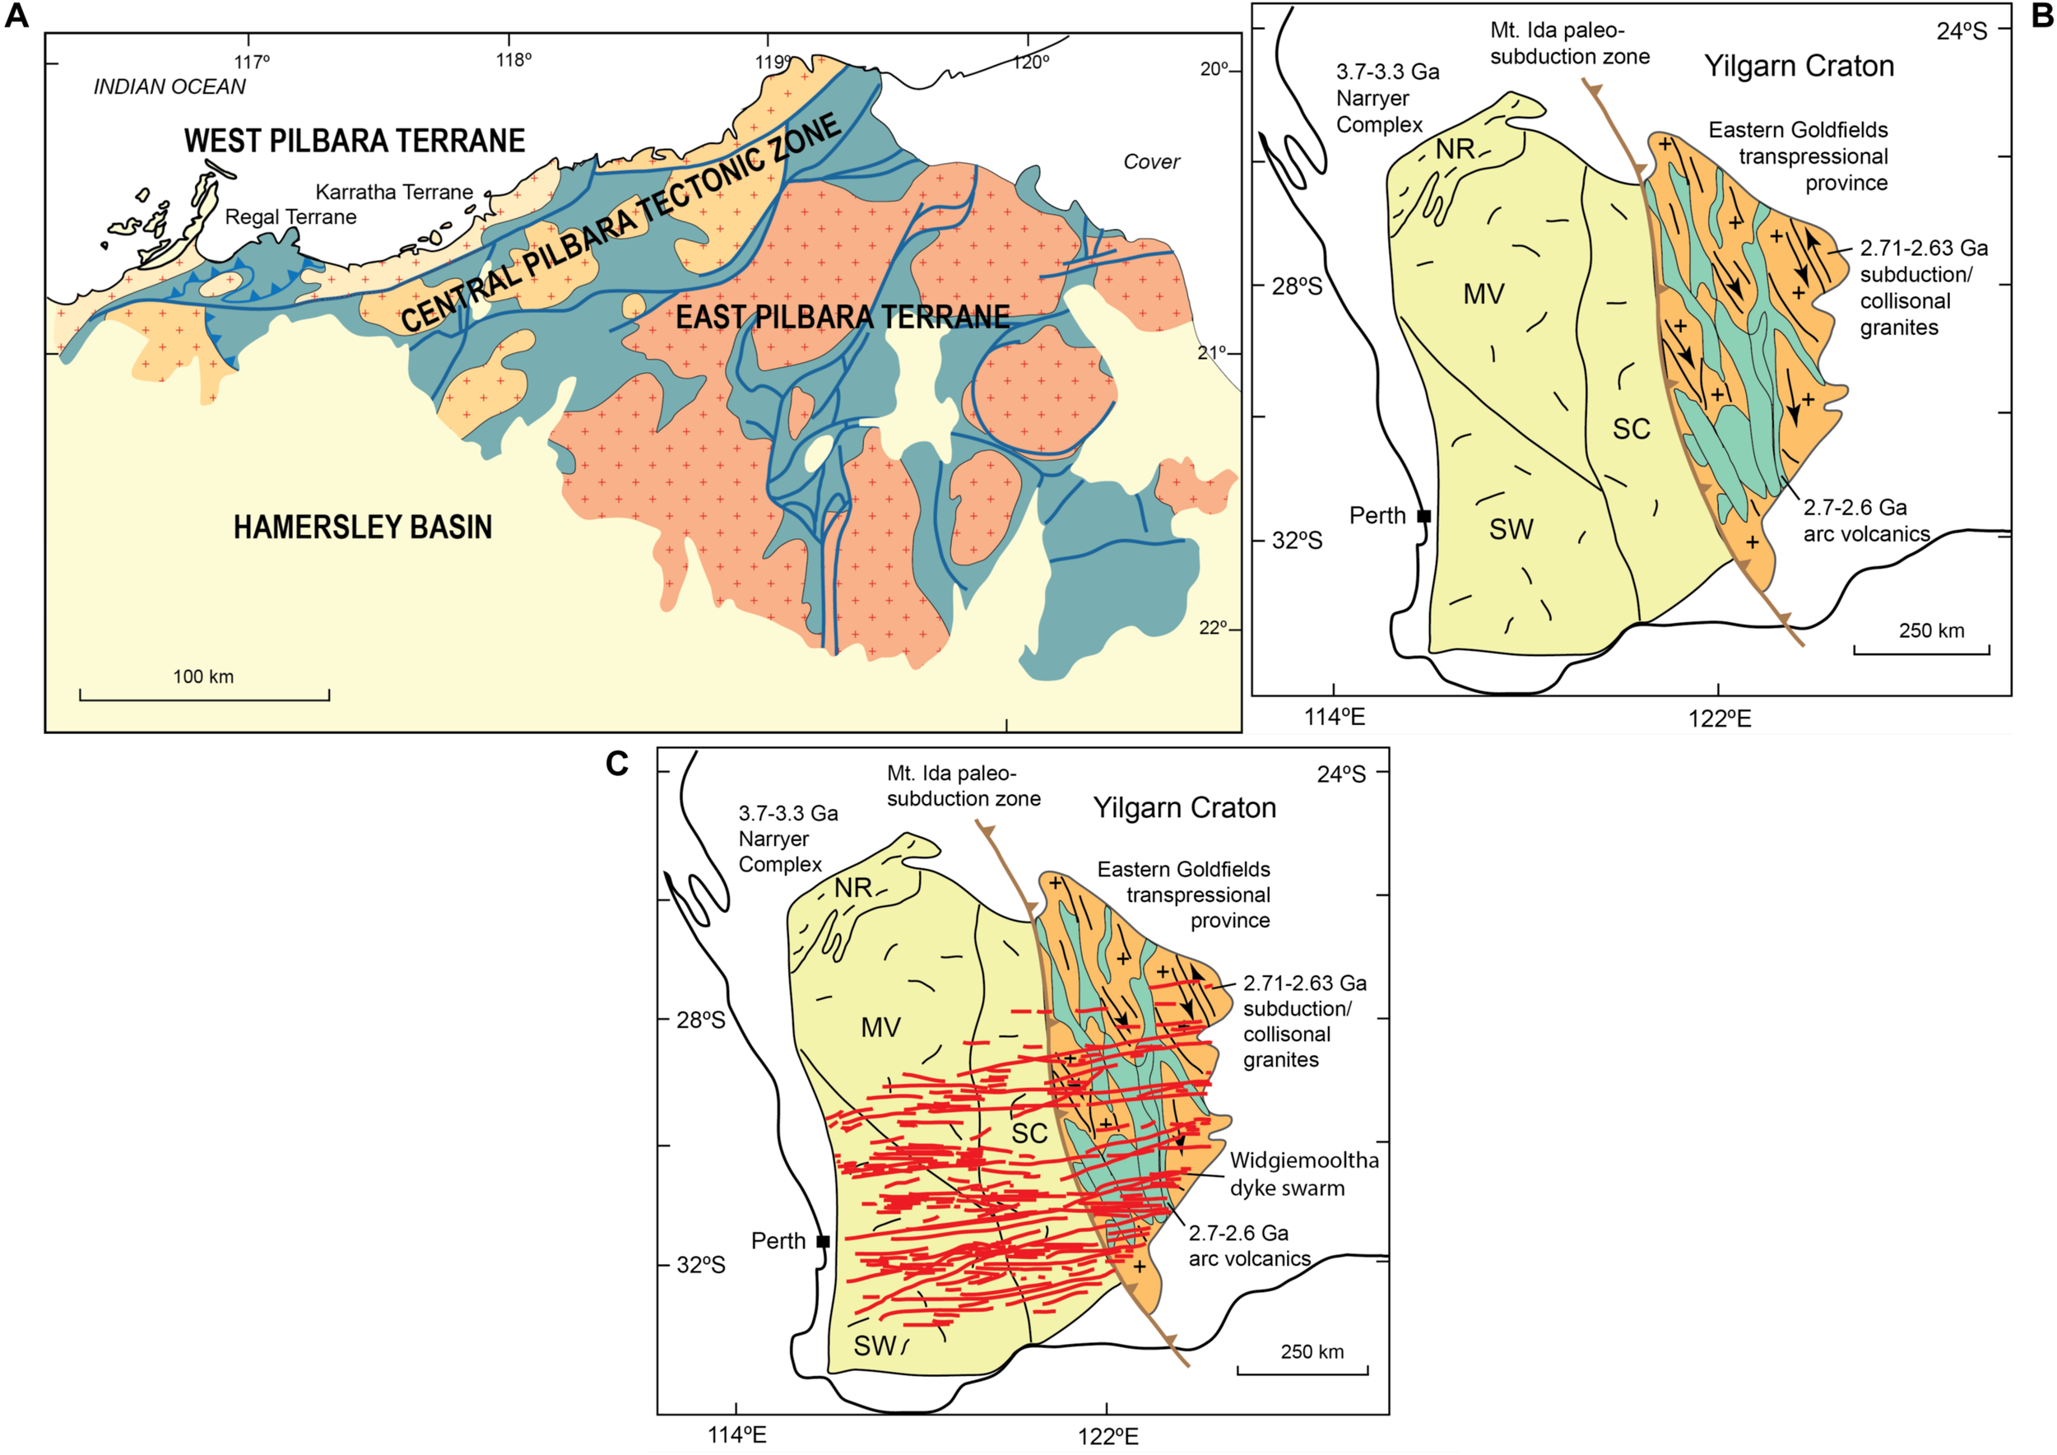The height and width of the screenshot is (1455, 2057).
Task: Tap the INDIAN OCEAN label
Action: pyautogui.click(x=169, y=87)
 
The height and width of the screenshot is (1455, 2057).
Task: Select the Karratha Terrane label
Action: pyautogui.click(x=394, y=192)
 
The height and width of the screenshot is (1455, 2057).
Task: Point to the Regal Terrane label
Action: pyautogui.click(x=290, y=216)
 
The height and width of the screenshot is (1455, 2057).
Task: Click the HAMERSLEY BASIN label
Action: pyautogui.click(x=363, y=527)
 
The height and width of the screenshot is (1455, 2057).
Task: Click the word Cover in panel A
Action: pyautogui.click(x=1151, y=162)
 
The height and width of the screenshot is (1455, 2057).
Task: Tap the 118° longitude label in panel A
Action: pyautogui.click(x=514, y=61)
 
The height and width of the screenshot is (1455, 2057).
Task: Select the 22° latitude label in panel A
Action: pyautogui.click(x=1213, y=628)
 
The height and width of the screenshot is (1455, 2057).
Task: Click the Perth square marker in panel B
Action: pyautogui.click(x=1423, y=516)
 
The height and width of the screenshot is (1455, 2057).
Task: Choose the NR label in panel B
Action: pyautogui.click(x=1455, y=150)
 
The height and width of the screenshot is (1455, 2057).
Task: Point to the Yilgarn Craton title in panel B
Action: pyautogui.click(x=1798, y=67)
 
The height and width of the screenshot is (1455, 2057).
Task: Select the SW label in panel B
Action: pyautogui.click(x=1511, y=529)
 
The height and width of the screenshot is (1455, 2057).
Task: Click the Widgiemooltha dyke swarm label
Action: pyautogui.click(x=1303, y=1174)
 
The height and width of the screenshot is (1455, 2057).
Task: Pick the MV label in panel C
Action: pyautogui.click(x=880, y=1028)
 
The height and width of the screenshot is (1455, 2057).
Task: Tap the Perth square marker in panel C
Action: pyautogui.click(x=824, y=1241)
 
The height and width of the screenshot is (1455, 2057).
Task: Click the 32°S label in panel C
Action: pyautogui.click(x=700, y=1265)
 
